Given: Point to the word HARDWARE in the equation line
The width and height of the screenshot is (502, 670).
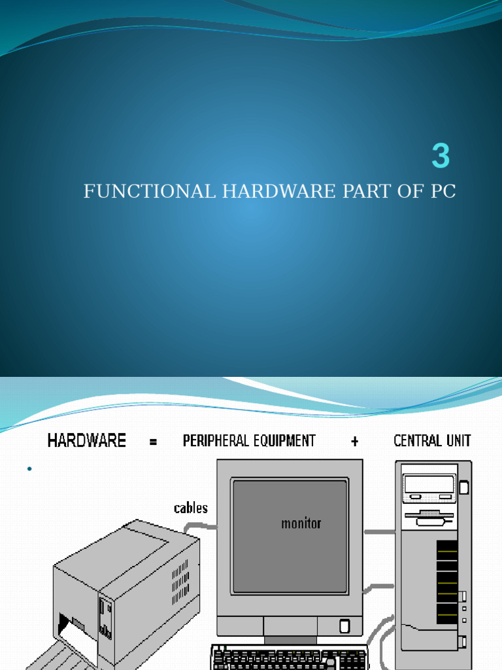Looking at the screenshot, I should click(87, 440).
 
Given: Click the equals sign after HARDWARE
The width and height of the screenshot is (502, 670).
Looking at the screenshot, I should click(153, 442).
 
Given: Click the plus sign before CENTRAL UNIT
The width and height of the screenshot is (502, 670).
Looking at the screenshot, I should click(354, 442).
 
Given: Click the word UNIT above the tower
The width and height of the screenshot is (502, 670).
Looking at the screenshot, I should click(458, 440).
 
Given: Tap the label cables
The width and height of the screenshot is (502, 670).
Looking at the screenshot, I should click(191, 508).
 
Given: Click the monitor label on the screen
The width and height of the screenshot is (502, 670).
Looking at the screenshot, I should click(301, 523).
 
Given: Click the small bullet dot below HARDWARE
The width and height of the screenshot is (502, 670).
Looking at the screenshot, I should click(29, 469).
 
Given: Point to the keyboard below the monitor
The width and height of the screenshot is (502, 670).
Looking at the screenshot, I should click(290, 657).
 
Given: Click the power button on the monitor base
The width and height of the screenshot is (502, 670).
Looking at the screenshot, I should click(344, 626).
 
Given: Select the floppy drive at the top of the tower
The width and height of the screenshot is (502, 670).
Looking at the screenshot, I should click(429, 486).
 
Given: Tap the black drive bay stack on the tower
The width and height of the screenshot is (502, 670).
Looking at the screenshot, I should click(447, 582).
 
